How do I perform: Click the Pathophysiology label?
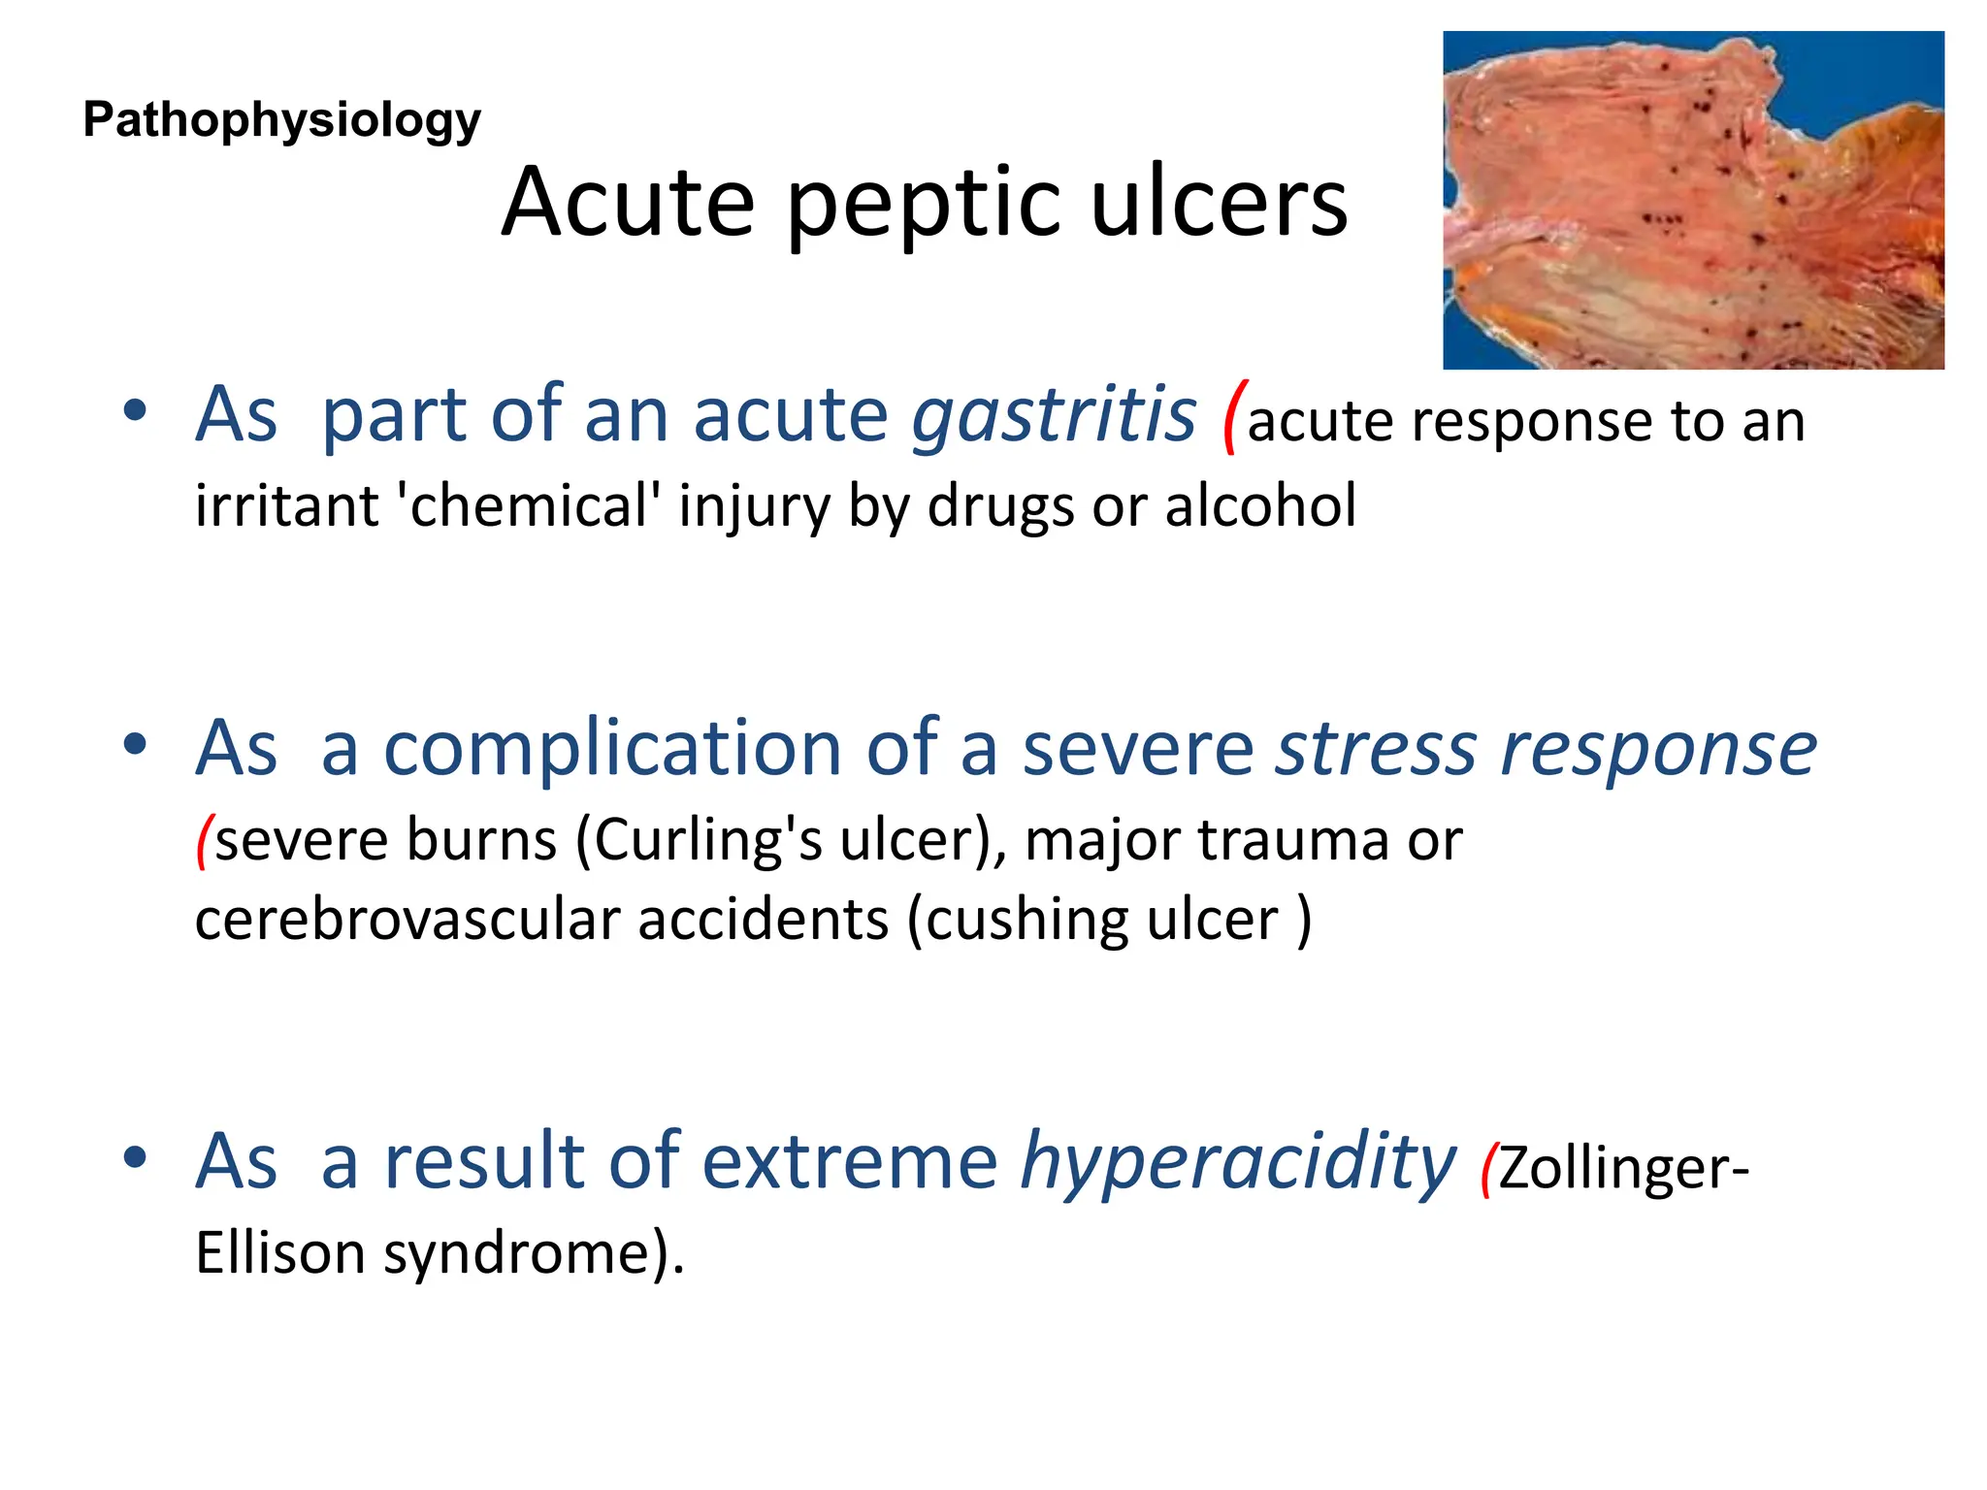(281, 121)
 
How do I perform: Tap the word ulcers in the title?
(1219, 204)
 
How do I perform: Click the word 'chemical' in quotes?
(529, 506)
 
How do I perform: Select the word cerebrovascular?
(407, 920)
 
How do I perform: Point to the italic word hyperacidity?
(1238, 1162)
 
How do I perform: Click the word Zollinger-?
(1623, 1168)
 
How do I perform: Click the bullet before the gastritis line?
(135, 410)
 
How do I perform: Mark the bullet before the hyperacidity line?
(135, 1156)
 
